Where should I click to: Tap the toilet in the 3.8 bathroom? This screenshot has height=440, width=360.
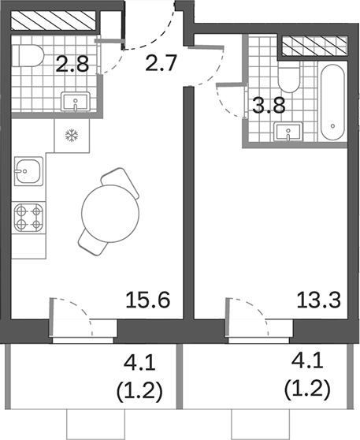click(x=288, y=76)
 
